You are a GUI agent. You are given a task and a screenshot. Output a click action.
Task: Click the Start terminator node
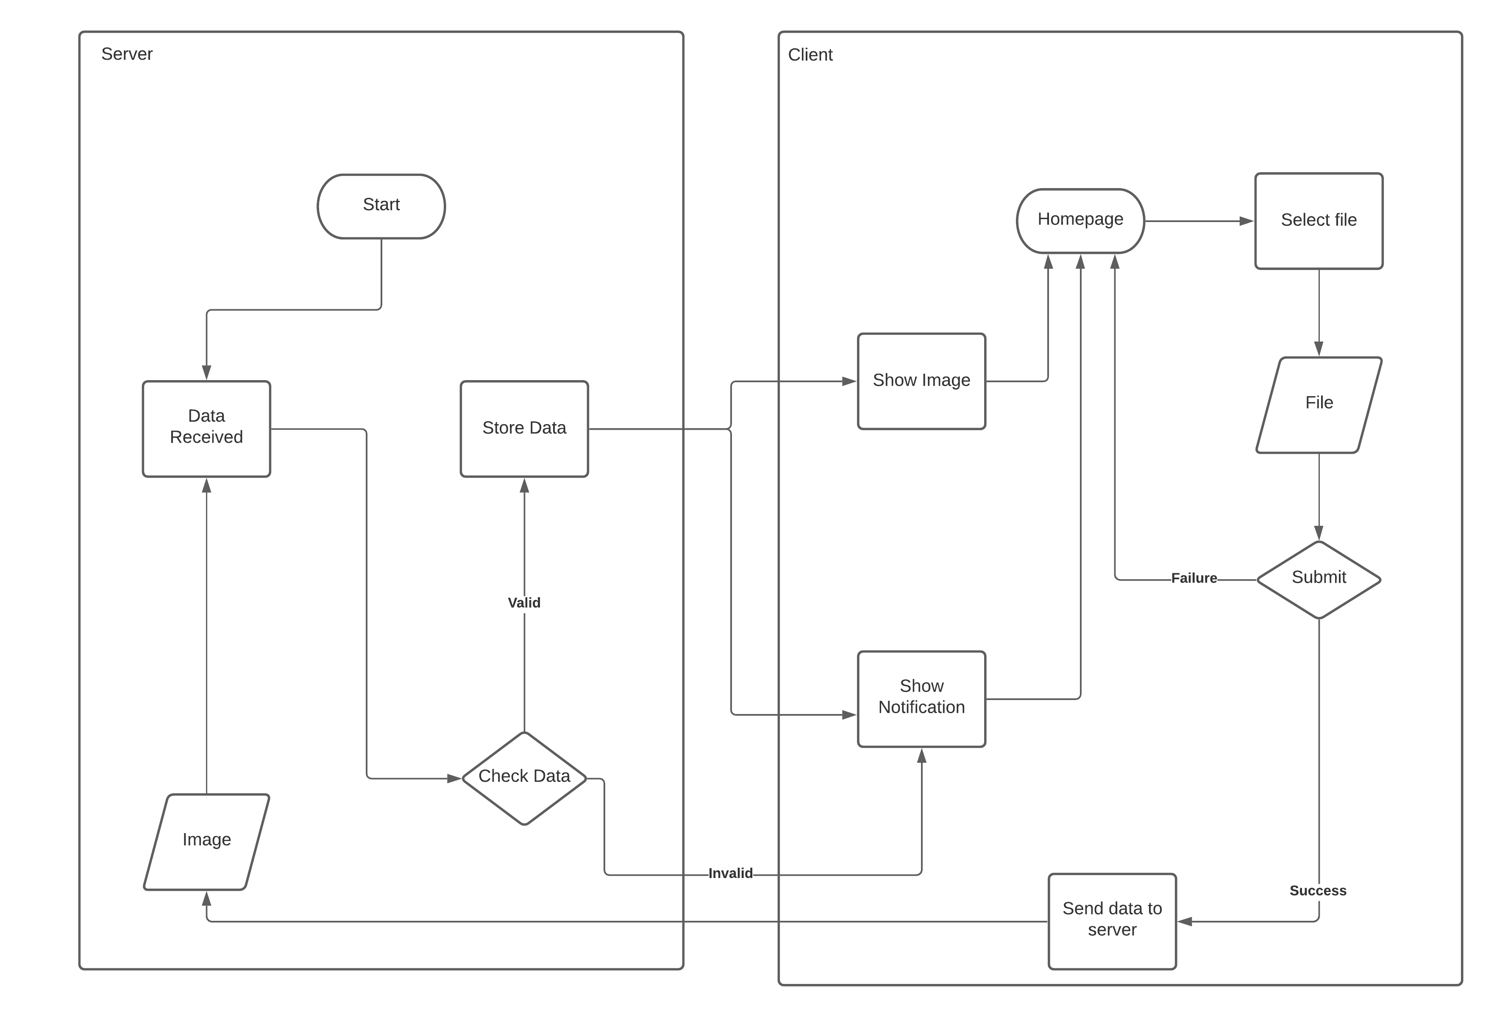[x=381, y=206]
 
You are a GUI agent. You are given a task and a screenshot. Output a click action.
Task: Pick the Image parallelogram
[x=206, y=841]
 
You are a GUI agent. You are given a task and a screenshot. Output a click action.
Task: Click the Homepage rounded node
[x=1080, y=220]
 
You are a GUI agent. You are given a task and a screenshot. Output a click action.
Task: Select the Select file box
[x=1319, y=220]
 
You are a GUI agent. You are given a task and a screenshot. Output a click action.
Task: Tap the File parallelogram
[x=1319, y=404]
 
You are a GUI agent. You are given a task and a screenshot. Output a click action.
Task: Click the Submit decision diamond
[x=1319, y=578]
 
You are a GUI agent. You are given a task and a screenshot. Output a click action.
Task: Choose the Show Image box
[x=921, y=381]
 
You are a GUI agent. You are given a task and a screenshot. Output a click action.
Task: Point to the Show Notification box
[x=921, y=698]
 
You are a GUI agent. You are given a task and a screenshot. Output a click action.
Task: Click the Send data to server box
[x=1112, y=920]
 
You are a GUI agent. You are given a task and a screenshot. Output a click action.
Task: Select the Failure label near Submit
[x=1194, y=578]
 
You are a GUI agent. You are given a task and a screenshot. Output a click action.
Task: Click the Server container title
[x=127, y=54]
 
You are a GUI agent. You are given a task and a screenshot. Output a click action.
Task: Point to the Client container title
[x=810, y=55]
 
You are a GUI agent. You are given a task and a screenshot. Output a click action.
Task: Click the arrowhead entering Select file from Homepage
[x=1246, y=221]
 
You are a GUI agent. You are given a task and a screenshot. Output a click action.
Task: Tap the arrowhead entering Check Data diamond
[x=454, y=778]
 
